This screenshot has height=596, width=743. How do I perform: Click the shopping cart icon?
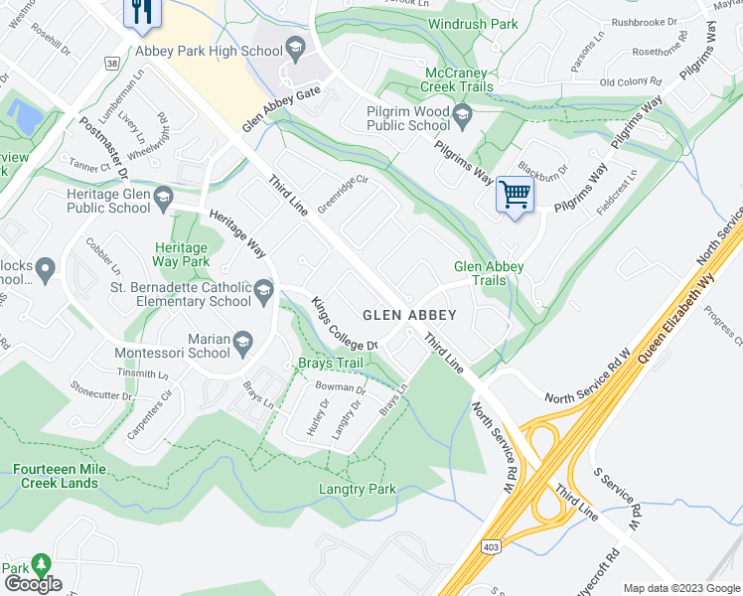pyautogui.click(x=515, y=193)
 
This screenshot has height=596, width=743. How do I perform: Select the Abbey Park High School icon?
pyautogui.click(x=295, y=47)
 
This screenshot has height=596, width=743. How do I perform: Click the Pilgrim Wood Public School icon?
pyautogui.click(x=462, y=118)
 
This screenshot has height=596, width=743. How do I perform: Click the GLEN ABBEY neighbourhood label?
pyautogui.click(x=409, y=315)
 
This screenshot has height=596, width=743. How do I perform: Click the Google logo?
pyautogui.click(x=33, y=583)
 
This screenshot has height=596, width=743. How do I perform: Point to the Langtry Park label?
pyautogui.click(x=358, y=489)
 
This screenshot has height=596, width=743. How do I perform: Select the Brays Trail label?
pyautogui.click(x=329, y=364)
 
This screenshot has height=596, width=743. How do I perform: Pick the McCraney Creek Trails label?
pyautogui.click(x=459, y=80)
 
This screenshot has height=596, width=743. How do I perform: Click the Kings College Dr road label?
pyautogui.click(x=345, y=324)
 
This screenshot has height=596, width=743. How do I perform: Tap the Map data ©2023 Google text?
pyautogui.click(x=680, y=587)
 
